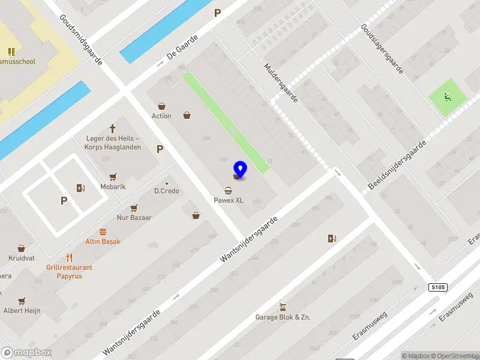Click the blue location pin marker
click(241, 169)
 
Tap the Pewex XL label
click(229, 200)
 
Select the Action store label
click(161, 116)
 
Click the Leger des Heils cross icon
click(112, 128)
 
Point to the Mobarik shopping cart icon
click(113, 176)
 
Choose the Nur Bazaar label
click(134, 218)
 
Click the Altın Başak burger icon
click(103, 231)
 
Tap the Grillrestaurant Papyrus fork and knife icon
click(70, 257)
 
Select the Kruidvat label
click(22, 258)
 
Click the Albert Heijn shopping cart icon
click(22, 301)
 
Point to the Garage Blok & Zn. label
click(283, 317)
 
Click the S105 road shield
click(439, 288)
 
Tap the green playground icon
click(446, 96)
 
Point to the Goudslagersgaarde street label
click(382, 50)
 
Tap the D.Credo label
click(167, 191)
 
